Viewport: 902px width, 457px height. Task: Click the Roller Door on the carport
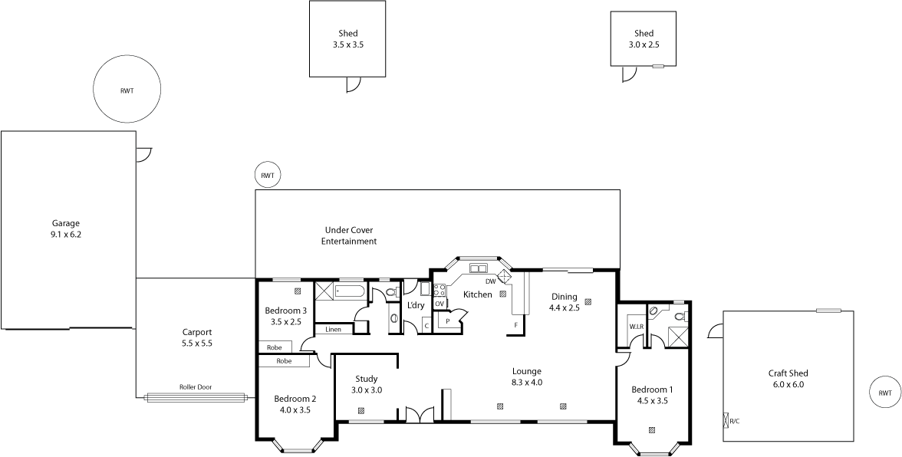click(195, 397)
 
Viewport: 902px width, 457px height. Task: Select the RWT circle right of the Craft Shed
click(884, 393)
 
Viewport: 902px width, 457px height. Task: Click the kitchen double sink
click(479, 268)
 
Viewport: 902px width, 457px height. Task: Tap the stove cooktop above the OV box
click(440, 290)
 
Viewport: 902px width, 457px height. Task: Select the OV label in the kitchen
click(439, 304)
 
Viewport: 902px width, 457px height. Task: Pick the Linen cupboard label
click(333, 329)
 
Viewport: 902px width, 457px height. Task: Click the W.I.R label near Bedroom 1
click(635, 326)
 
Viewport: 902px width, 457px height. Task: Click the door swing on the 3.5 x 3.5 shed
click(353, 84)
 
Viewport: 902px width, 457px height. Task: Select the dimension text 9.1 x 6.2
click(65, 235)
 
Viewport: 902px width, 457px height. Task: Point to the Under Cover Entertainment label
click(351, 235)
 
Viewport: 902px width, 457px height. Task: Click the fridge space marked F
click(515, 325)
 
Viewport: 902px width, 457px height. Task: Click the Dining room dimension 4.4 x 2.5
click(564, 307)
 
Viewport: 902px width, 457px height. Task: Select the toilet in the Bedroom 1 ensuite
click(679, 315)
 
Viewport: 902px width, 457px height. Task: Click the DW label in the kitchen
click(490, 281)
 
